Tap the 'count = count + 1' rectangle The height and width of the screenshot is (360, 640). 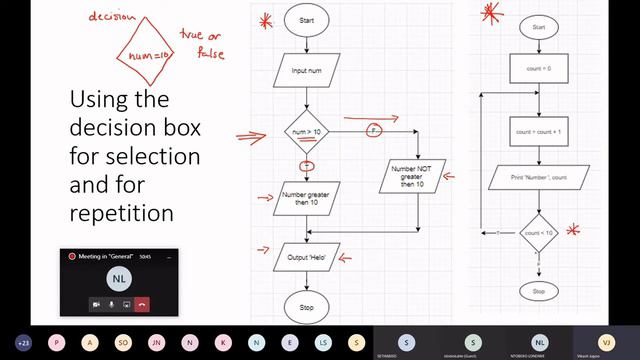click(539, 131)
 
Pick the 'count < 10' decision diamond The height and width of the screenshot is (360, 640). click(539, 233)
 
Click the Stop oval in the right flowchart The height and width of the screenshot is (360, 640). click(539, 291)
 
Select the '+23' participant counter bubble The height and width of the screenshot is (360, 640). click(23, 342)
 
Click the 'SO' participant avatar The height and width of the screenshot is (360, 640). click(123, 342)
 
